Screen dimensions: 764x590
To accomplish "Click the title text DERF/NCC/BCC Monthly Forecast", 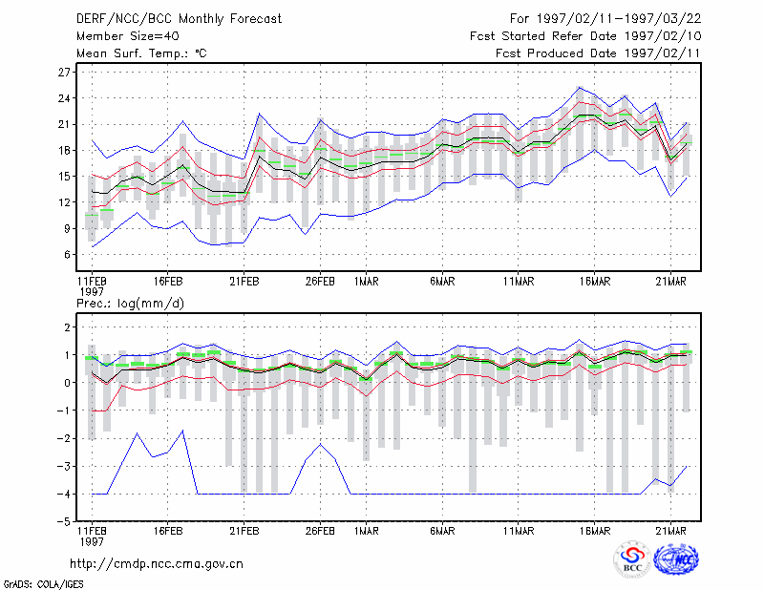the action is click(x=179, y=19).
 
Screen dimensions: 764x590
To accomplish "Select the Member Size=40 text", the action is click(x=128, y=36).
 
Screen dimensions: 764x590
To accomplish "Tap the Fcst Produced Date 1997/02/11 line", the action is click(x=598, y=53).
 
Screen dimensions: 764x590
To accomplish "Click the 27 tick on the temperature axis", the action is click(x=64, y=73).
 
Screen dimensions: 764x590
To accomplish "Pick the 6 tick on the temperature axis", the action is click(x=67, y=254).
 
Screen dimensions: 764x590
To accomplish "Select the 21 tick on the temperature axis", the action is click(x=64, y=124).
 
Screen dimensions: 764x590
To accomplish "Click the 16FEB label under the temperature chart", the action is click(x=168, y=282).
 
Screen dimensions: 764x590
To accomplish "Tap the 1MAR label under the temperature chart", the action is click(x=367, y=282).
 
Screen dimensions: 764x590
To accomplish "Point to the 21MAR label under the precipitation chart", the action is click(x=670, y=531).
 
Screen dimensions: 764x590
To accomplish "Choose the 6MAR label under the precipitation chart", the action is click(x=442, y=531).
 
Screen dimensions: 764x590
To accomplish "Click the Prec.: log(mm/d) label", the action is click(x=130, y=304).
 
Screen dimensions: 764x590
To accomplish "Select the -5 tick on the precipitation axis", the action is click(x=64, y=522).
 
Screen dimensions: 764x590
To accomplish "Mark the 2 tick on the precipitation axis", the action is click(x=67, y=327).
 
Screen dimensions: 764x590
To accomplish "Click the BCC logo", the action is click(x=632, y=558).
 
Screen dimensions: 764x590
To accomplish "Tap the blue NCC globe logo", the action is click(x=676, y=558).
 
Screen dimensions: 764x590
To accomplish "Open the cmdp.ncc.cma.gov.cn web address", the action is click(x=157, y=564).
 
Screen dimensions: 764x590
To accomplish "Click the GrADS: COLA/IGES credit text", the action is click(x=43, y=584).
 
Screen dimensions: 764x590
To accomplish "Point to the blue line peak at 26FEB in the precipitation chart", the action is click(x=320, y=444).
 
